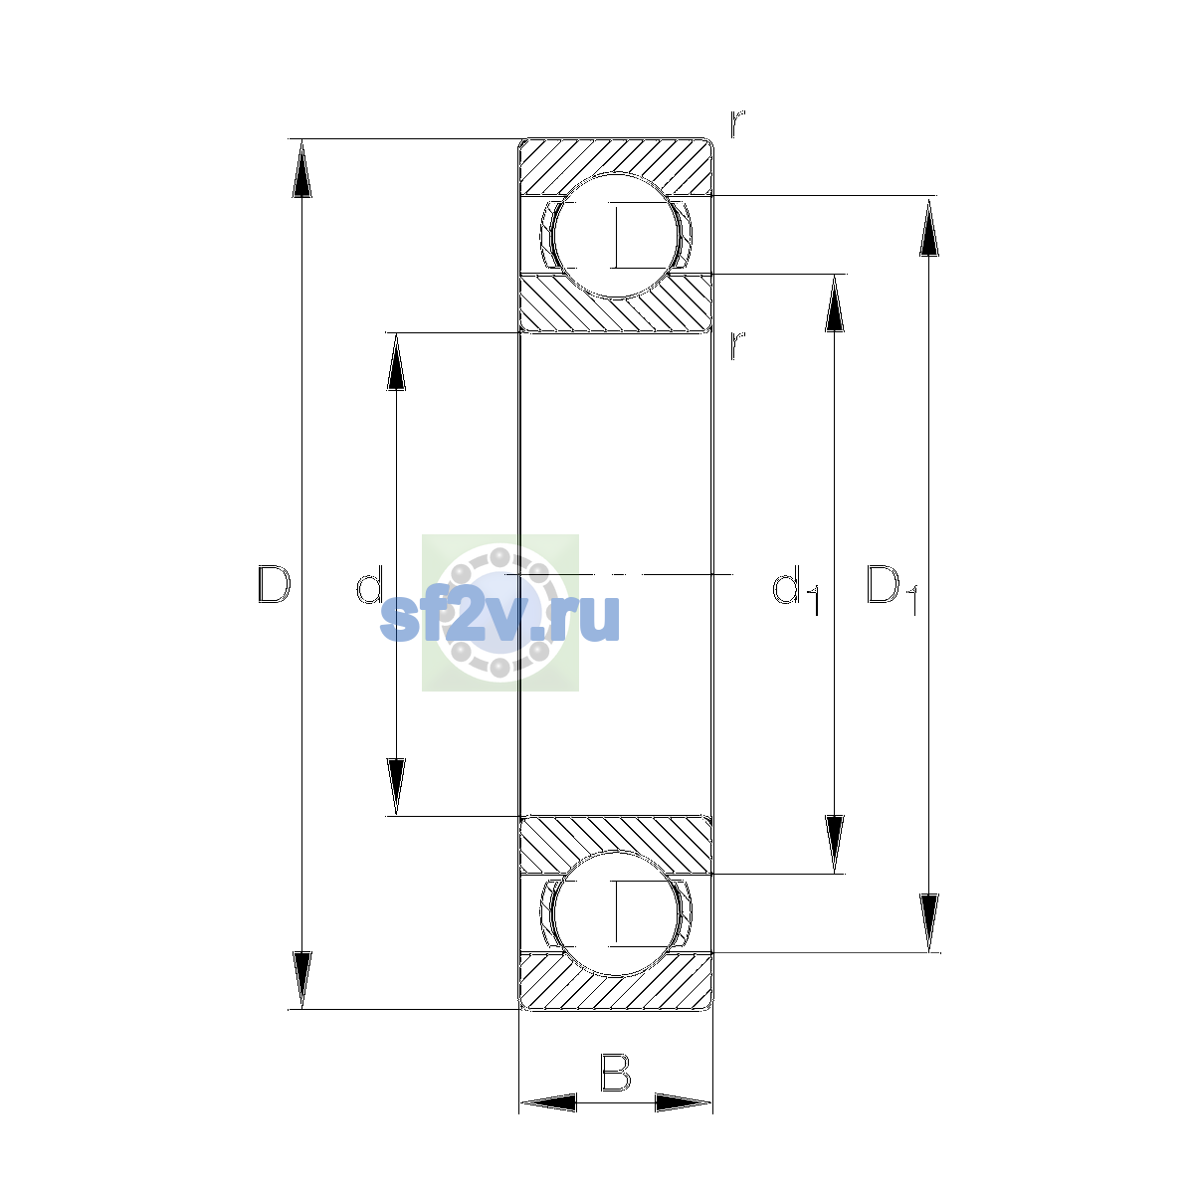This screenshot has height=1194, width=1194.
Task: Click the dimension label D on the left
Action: coord(274,584)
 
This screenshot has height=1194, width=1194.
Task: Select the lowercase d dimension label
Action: coord(369,584)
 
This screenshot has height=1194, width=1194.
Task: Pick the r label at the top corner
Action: coord(736,123)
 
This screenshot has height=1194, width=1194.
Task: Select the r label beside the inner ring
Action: coord(736,345)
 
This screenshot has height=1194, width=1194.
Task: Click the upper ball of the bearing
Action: coord(616,236)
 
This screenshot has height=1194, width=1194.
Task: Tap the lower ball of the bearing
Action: coord(616,914)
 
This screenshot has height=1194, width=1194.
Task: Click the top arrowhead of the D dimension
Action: coord(301,168)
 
